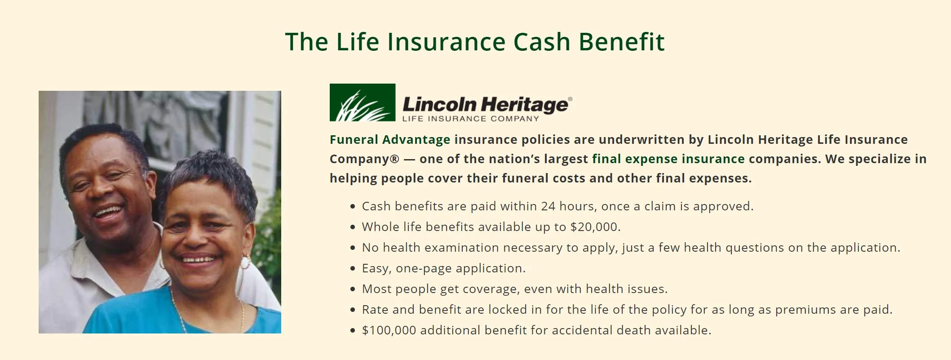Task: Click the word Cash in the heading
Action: (542, 42)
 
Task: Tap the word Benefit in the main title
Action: (622, 41)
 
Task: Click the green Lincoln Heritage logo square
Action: (363, 102)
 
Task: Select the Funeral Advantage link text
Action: (390, 140)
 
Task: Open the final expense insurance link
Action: (668, 159)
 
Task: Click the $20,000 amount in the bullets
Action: (595, 227)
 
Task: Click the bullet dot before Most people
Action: (353, 289)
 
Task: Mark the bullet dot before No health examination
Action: (353, 248)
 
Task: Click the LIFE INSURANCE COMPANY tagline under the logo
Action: (470, 119)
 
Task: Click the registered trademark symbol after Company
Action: (394, 159)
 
